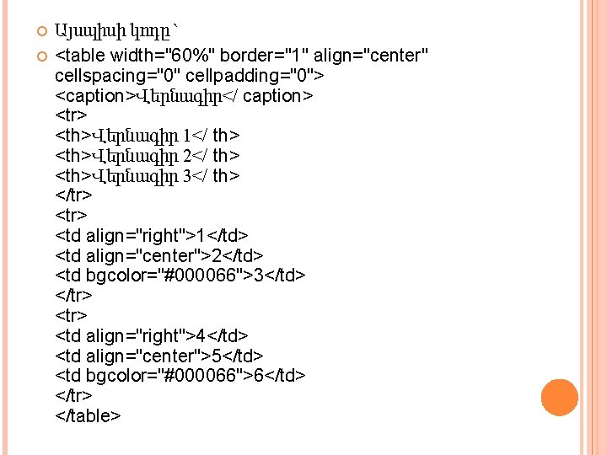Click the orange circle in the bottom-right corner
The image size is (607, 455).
(560, 398)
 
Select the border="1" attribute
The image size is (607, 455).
(275, 56)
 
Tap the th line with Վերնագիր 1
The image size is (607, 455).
(148, 136)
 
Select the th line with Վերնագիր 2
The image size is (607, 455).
(148, 156)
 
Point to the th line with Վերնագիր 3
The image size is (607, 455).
(148, 176)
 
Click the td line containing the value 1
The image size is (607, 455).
(152, 236)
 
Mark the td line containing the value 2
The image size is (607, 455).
(159, 256)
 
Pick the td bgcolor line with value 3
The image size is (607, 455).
(180, 276)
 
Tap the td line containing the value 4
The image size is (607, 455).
(152, 335)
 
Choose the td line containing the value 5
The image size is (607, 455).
(159, 356)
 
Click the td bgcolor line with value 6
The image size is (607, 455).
(180, 375)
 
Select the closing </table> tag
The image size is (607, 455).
(89, 415)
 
